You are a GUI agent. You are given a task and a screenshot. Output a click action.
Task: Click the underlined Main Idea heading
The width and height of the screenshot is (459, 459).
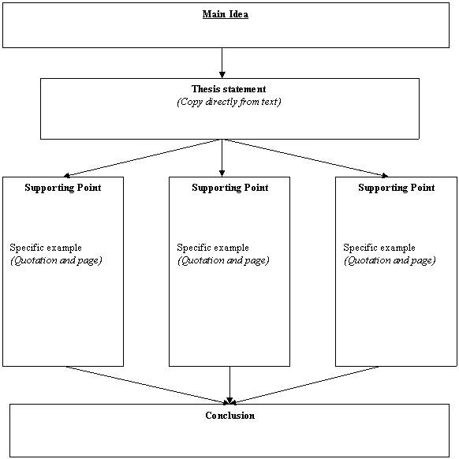tap(226, 14)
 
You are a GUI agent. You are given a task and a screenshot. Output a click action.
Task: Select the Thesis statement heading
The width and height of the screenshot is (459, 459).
tap(229, 88)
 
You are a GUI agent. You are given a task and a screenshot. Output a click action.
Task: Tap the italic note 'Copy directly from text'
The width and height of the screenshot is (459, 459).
tap(229, 102)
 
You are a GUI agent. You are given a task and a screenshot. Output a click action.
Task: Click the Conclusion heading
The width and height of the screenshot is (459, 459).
tap(229, 416)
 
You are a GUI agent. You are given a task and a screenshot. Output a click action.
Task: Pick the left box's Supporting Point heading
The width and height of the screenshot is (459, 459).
tap(63, 188)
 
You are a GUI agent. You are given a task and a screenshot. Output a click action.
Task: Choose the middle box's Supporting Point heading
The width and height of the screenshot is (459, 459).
tap(230, 188)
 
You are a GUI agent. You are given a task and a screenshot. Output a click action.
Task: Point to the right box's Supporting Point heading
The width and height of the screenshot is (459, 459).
tap(397, 188)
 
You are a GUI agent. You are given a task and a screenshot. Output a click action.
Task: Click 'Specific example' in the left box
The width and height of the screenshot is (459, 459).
tap(46, 248)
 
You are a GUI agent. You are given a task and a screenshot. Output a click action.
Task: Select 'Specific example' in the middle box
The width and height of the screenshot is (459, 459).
tap(213, 248)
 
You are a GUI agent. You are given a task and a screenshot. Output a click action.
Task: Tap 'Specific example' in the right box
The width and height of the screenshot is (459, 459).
tap(379, 248)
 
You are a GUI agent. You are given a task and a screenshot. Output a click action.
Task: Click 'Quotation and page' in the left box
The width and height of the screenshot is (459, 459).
tap(56, 260)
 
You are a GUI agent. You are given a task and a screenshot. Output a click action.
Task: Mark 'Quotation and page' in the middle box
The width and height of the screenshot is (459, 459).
tap(223, 260)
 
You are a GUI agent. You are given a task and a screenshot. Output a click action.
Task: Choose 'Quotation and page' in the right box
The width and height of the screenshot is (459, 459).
tap(390, 260)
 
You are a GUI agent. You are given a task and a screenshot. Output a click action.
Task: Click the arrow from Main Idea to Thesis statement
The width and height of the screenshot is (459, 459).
tap(222, 63)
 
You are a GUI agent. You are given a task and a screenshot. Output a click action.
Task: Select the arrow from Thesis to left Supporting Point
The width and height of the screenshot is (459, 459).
tap(141, 158)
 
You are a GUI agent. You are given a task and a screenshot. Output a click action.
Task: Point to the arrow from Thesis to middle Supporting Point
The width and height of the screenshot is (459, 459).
tap(222, 158)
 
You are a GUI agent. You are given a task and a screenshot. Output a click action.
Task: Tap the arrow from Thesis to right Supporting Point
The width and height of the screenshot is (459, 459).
tap(307, 158)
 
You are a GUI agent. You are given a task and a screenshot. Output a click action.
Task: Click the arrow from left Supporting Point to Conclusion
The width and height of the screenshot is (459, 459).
tap(147, 385)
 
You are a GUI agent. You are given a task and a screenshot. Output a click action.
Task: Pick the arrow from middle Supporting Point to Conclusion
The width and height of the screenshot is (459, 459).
tap(229, 385)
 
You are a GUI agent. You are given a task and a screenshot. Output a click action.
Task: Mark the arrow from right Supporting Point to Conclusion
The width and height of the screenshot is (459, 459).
tap(305, 385)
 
